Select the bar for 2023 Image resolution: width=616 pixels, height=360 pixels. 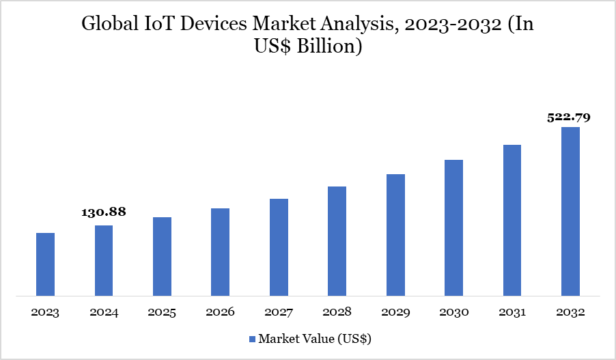(45, 264)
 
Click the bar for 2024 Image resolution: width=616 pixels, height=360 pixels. (104, 261)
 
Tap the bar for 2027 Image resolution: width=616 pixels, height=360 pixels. (279, 247)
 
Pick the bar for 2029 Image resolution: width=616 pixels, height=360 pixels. (395, 235)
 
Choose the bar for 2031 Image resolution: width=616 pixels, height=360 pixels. (512, 221)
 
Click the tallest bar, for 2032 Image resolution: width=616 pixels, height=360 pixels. (570, 212)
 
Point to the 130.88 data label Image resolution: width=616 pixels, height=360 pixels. (104, 212)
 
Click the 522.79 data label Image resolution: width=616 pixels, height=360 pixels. (569, 117)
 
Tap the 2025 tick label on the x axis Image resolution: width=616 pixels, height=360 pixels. (162, 312)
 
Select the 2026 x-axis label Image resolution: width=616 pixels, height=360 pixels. (220, 312)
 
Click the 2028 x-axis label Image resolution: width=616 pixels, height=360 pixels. (337, 312)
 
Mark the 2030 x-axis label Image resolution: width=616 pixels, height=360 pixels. (453, 312)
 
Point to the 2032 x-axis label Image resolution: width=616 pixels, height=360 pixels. (570, 312)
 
